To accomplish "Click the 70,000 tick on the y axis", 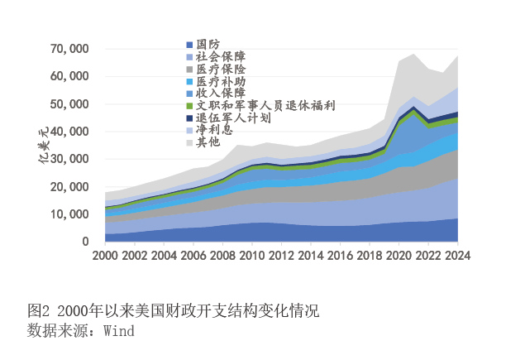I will [x=70, y=50].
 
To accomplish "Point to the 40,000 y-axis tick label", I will [x=70, y=132].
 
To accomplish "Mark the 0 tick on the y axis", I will [x=86, y=242].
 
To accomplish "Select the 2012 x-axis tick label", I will [x=281, y=256].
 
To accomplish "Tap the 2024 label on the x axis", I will [x=456, y=256].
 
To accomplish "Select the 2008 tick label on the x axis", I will [x=223, y=256].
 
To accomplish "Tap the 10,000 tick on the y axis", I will [x=70, y=214].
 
